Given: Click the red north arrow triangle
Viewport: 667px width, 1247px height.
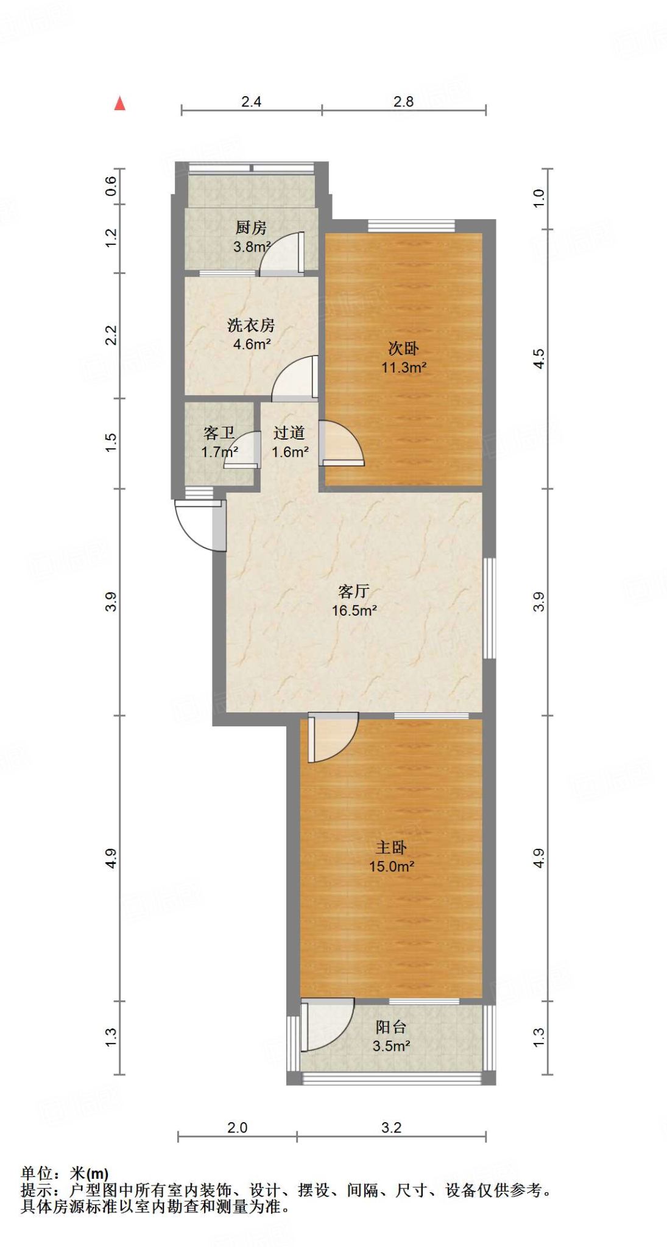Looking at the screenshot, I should click(x=120, y=104).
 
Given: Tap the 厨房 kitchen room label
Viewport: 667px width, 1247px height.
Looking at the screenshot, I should click(x=251, y=228).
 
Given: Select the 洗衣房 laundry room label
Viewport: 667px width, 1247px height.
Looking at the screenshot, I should click(x=251, y=325).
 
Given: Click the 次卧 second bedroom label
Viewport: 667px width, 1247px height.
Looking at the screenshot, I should click(x=403, y=348).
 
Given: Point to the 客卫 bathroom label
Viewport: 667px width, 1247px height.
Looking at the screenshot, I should click(x=219, y=433).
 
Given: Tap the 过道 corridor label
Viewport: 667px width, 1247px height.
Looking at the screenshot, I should click(x=289, y=433).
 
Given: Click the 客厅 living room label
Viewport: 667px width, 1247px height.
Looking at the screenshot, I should click(x=354, y=591).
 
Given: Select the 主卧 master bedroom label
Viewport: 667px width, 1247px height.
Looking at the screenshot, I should click(x=391, y=847).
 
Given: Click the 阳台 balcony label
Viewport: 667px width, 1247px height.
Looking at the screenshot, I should click(x=391, y=1027).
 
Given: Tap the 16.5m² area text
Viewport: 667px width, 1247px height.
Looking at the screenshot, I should click(x=354, y=610).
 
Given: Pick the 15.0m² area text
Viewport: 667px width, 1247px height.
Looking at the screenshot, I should click(x=391, y=866).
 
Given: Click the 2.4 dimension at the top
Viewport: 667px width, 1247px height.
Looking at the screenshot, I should click(x=251, y=102).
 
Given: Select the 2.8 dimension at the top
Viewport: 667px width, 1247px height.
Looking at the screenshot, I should click(x=403, y=102).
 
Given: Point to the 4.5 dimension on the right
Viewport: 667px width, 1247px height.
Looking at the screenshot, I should click(x=539, y=359).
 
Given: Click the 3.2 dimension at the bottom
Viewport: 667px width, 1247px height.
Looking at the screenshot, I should click(x=391, y=1128).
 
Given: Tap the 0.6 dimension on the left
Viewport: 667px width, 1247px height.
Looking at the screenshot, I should click(x=110, y=186).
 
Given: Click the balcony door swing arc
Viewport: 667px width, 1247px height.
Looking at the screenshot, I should click(x=329, y=1026).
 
